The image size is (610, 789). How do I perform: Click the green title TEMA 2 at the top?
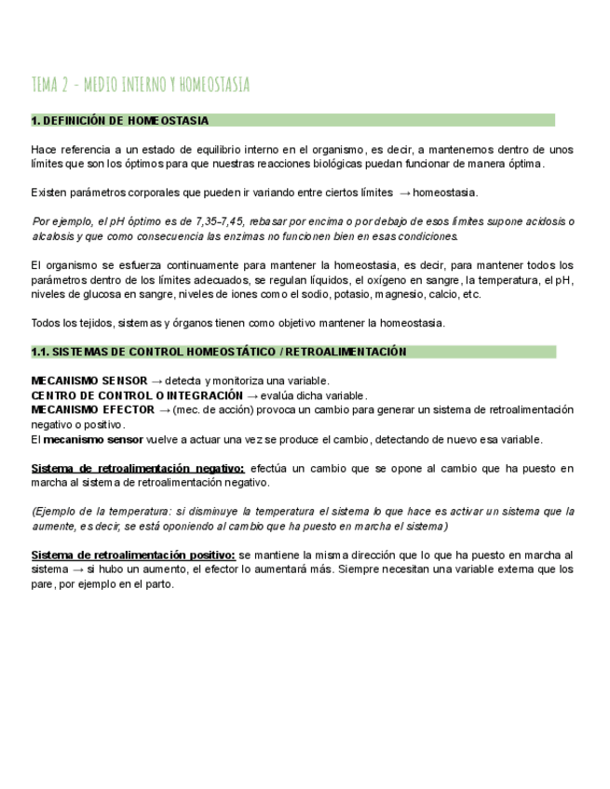[x=140, y=86]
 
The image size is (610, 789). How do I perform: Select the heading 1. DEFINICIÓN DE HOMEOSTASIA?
[x=119, y=121]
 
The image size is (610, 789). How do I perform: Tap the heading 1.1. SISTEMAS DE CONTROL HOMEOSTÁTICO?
[x=219, y=352]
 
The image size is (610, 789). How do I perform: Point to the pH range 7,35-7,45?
[x=224, y=221]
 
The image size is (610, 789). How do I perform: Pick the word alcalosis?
[x=54, y=236]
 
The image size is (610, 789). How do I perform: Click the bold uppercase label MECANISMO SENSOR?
[x=88, y=381]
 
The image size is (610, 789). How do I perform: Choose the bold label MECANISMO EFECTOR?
[x=91, y=409]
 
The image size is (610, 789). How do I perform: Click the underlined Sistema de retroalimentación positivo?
[x=133, y=555]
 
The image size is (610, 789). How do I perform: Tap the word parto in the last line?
[x=157, y=584]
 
